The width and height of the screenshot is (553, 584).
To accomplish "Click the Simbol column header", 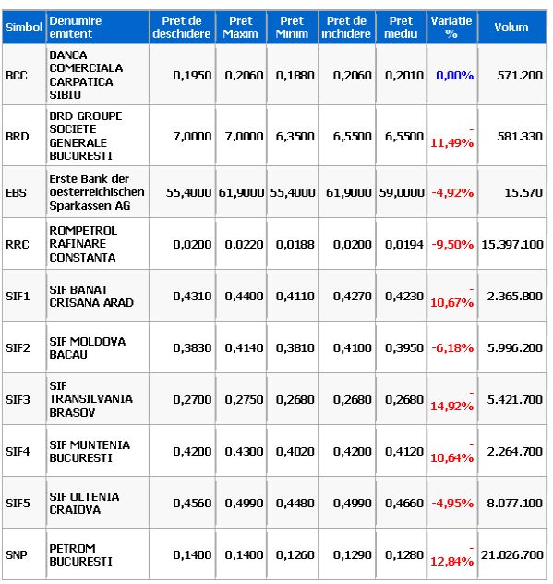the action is click(x=24, y=27).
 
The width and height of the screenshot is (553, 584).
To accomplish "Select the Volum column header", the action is click(x=511, y=27).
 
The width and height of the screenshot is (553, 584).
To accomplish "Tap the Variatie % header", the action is click(x=451, y=27).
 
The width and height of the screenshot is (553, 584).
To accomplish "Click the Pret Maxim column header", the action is click(x=240, y=27).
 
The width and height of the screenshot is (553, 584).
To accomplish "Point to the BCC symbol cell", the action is click(x=17, y=75).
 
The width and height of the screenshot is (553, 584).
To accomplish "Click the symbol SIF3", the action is click(x=18, y=399).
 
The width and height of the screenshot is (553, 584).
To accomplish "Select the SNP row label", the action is click(x=17, y=555).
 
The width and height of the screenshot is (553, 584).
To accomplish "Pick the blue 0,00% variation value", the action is click(x=455, y=75).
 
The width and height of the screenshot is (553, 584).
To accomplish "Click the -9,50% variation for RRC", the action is click(x=452, y=244).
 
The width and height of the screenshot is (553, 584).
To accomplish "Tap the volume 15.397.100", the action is click(x=512, y=244).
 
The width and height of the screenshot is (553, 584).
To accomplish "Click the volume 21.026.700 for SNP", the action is click(x=512, y=555).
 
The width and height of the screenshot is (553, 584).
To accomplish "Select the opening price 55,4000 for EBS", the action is click(x=188, y=192).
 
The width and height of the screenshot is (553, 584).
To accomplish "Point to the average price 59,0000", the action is click(x=402, y=192).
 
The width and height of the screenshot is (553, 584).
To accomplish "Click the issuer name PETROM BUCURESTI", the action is click(x=80, y=555).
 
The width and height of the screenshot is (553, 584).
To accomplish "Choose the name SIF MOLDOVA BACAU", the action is click(x=88, y=347).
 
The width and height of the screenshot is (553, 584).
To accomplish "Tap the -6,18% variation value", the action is click(x=452, y=347).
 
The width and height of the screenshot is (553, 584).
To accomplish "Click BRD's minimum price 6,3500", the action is click(x=295, y=137).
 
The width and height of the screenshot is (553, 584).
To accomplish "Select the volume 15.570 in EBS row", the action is click(x=523, y=192).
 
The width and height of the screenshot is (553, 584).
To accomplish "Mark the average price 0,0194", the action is click(x=404, y=244).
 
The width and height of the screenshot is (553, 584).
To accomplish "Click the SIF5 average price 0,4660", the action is click(x=404, y=504).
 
